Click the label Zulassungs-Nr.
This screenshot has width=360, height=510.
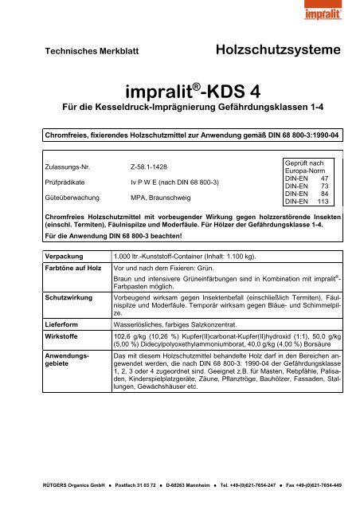pyautogui.click(x=71, y=168)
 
